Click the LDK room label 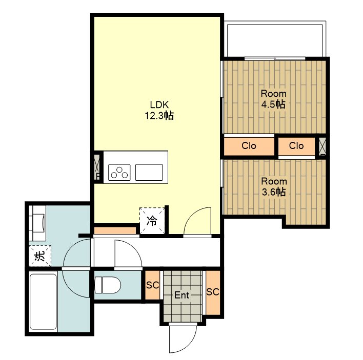[159, 105]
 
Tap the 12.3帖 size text [159, 115]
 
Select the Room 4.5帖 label [274, 99]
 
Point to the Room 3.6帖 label [274, 186]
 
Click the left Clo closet [249, 146]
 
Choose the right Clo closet [296, 146]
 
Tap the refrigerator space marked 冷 [152, 221]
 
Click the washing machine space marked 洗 [40, 256]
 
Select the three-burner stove [119, 173]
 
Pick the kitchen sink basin [149, 173]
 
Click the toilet [108, 285]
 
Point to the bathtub [43, 302]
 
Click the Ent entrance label [181, 295]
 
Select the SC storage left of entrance [153, 285]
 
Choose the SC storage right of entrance [213, 292]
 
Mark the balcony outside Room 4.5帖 [275, 39]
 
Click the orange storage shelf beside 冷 [115, 230]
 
